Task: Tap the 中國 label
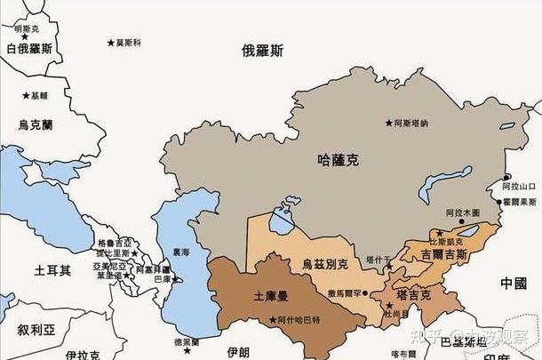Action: (x=513, y=284)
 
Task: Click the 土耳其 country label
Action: (x=52, y=269)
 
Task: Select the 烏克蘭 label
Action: (x=36, y=125)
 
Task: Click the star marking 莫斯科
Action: (x=111, y=42)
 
